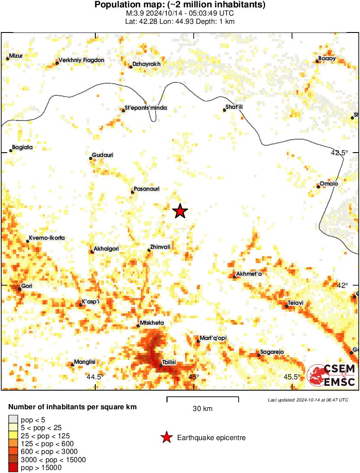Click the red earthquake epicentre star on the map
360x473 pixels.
pyautogui.click(x=180, y=211)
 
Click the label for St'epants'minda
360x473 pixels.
pyautogui.click(x=146, y=108)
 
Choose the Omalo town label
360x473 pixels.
pyautogui.click(x=329, y=183)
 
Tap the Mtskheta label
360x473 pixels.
pyautogui.click(x=152, y=323)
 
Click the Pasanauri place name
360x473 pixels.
pyautogui.click(x=147, y=189)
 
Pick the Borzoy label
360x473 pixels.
pyautogui.click(x=327, y=58)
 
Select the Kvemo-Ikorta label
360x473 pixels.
pyautogui.click(x=47, y=238)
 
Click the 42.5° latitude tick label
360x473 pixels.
pyautogui.click(x=339, y=153)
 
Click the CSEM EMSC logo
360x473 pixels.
pyautogui.click(x=332, y=375)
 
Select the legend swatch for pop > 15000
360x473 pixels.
pyautogui.click(x=13, y=467)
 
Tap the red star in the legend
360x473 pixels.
pyautogui.click(x=166, y=438)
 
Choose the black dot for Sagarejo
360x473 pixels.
pyautogui.click(x=259, y=355)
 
